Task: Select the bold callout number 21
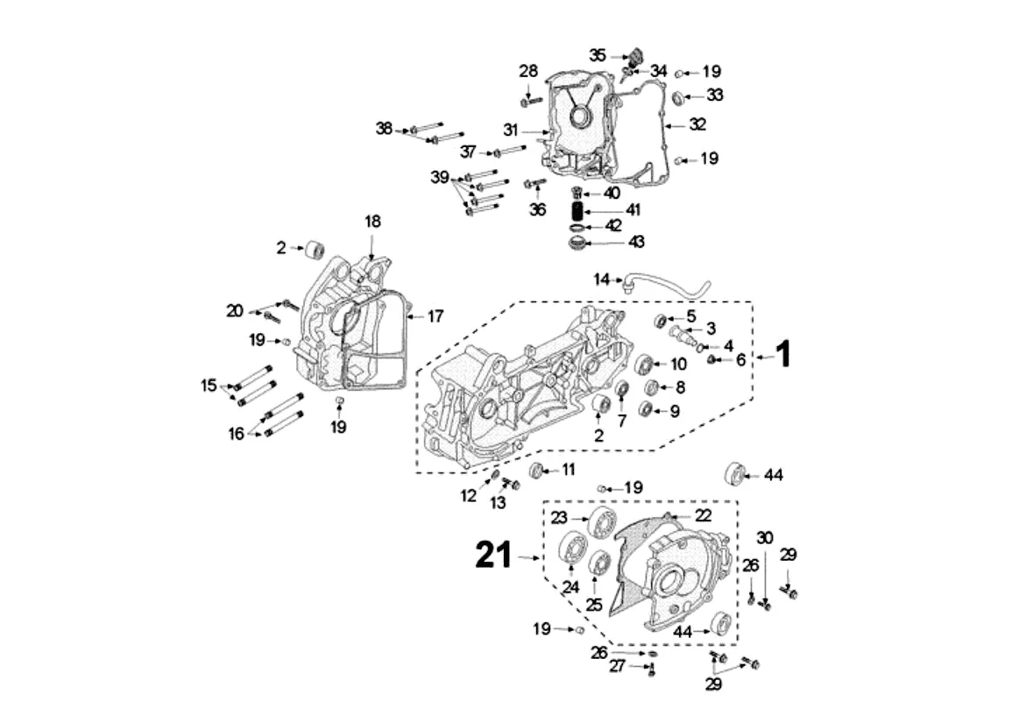[x=493, y=555]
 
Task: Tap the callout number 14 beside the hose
[x=601, y=280]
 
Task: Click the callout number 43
[x=636, y=242]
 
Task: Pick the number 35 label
[x=598, y=55]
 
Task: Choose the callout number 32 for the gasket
[x=697, y=124]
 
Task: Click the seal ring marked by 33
[x=679, y=97]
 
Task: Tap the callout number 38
[x=384, y=128]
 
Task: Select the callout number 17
[x=435, y=316]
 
